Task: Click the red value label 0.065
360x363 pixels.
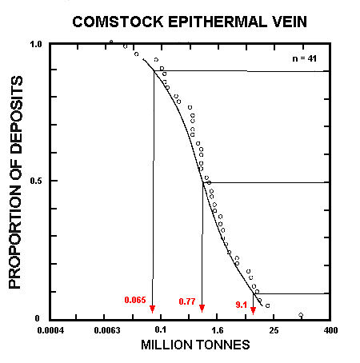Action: pyautogui.click(x=135, y=300)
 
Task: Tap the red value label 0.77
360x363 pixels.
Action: pyautogui.click(x=187, y=301)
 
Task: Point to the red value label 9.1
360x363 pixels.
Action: pyautogui.click(x=241, y=304)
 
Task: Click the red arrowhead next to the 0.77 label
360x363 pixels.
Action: pyautogui.click(x=202, y=309)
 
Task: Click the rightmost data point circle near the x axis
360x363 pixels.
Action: pyautogui.click(x=300, y=315)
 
